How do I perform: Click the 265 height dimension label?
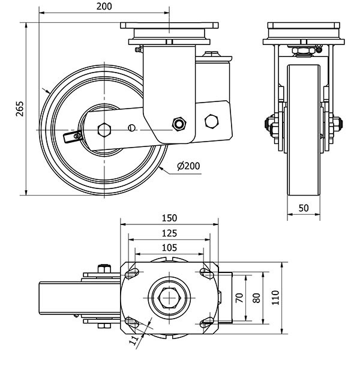pyautogui.click(x=19, y=108)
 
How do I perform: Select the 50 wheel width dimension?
pyautogui.click(x=304, y=208)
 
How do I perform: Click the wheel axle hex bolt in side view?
pyautogui.click(x=104, y=128)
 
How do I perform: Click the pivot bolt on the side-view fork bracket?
pyautogui.click(x=178, y=124)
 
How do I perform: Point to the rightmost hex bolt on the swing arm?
pyautogui.click(x=211, y=121)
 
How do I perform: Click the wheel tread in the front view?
pyautogui.click(x=304, y=132)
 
